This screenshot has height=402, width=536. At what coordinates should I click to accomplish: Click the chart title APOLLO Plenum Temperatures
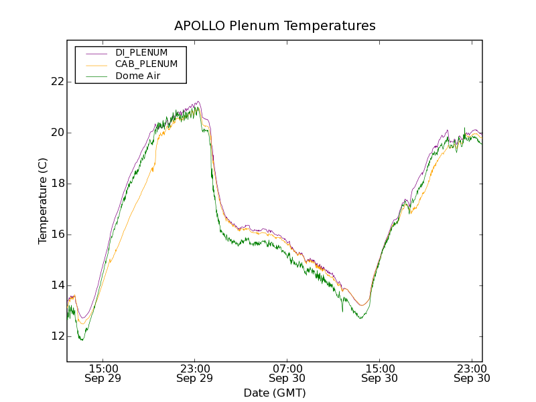click(x=275, y=26)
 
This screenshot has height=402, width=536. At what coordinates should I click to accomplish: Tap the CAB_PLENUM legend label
click(x=146, y=64)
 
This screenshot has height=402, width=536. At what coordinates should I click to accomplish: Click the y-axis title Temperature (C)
click(x=43, y=201)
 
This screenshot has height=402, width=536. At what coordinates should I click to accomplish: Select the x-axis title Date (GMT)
click(x=275, y=393)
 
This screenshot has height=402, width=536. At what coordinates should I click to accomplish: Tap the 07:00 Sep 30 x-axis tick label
click(x=287, y=373)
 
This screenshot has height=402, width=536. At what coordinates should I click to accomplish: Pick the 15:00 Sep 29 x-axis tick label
click(x=103, y=373)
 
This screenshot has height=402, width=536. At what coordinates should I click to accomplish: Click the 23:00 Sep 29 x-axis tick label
click(x=195, y=373)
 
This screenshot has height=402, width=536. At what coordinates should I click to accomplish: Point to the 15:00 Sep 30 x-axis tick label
click(x=379, y=373)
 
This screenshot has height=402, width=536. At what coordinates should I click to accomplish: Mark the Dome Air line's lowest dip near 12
click(x=82, y=340)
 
